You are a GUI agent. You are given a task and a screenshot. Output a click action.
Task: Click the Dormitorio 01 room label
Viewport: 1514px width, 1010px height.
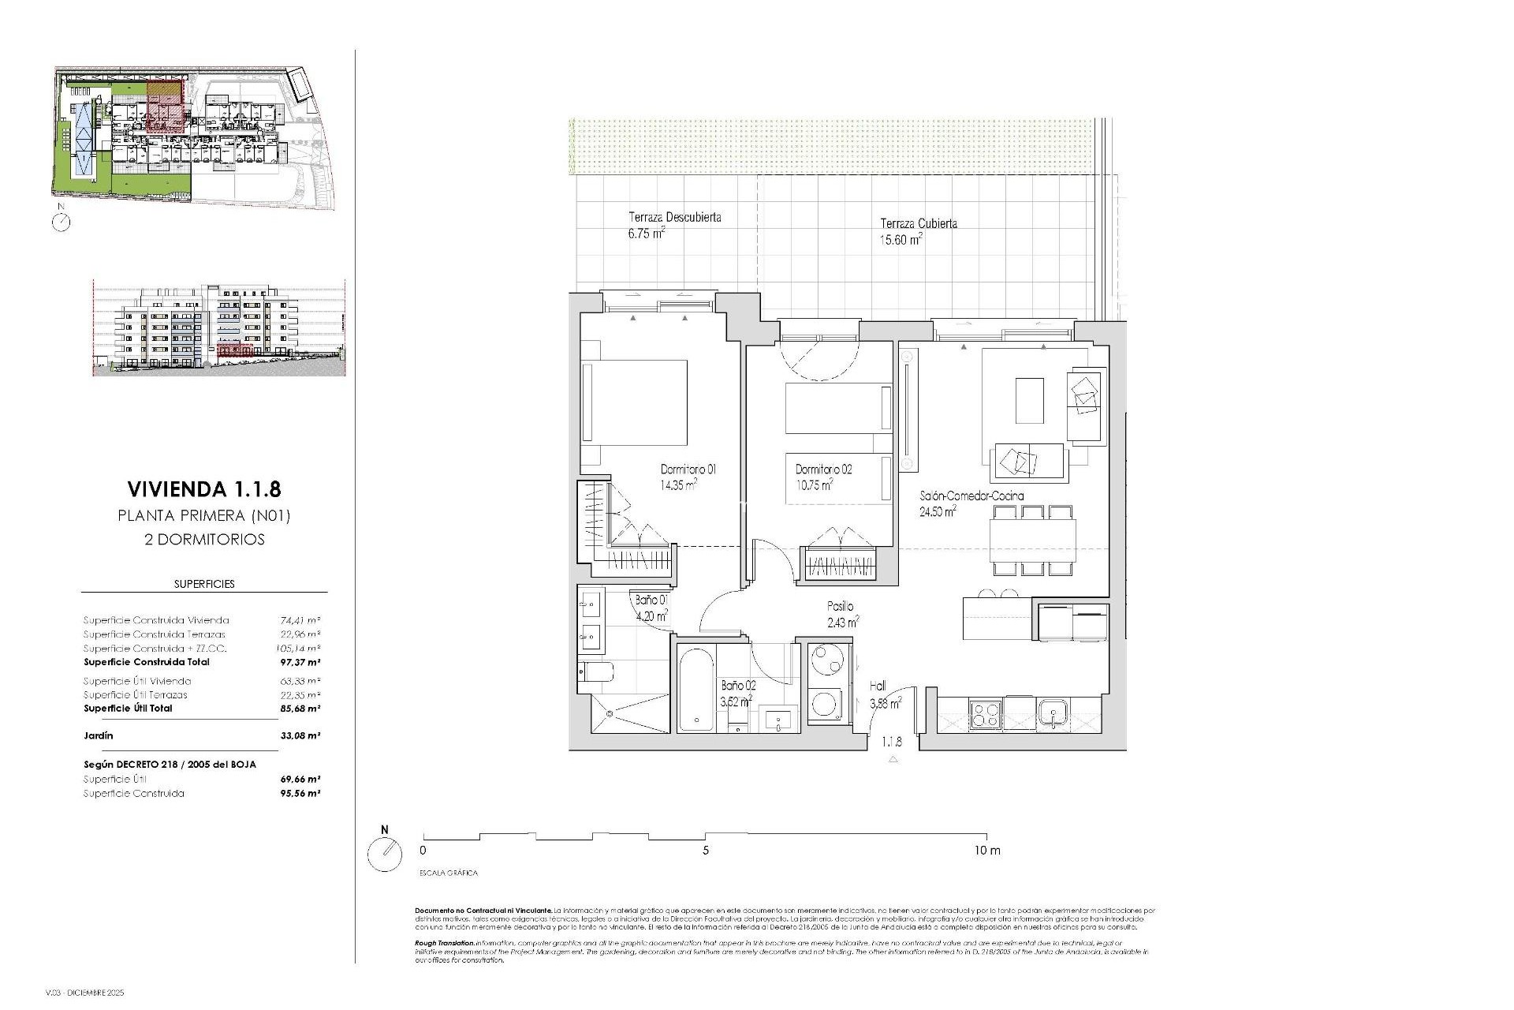pyautogui.click(x=688, y=469)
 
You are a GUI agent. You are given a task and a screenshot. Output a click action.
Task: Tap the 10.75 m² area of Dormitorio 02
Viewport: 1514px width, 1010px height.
pyautogui.click(x=815, y=486)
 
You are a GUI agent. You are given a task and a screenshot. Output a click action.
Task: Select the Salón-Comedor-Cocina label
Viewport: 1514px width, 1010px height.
pyautogui.click(x=971, y=496)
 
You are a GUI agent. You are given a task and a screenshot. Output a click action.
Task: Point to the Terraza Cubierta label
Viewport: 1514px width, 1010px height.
pyautogui.click(x=919, y=224)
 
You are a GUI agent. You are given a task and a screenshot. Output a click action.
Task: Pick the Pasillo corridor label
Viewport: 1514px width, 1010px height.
pyautogui.click(x=840, y=607)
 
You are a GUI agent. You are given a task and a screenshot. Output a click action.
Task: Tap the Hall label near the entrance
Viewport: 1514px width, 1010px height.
pyautogui.click(x=878, y=686)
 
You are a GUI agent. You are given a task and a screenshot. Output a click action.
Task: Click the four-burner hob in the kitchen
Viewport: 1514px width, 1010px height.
pyautogui.click(x=986, y=714)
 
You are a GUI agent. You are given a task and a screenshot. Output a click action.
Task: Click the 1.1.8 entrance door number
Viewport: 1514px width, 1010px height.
pyautogui.click(x=892, y=743)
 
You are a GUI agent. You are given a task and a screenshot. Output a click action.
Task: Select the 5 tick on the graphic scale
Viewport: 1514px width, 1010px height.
pyautogui.click(x=706, y=851)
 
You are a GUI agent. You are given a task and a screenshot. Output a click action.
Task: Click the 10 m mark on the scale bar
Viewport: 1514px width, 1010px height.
pyautogui.click(x=986, y=851)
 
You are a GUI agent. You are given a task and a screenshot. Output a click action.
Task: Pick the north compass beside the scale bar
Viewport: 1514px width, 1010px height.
pyautogui.click(x=385, y=853)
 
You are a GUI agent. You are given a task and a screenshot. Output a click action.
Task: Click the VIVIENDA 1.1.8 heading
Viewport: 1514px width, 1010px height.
pyautogui.click(x=204, y=489)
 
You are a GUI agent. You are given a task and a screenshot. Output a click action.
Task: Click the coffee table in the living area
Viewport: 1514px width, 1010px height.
pyautogui.click(x=1029, y=401)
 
